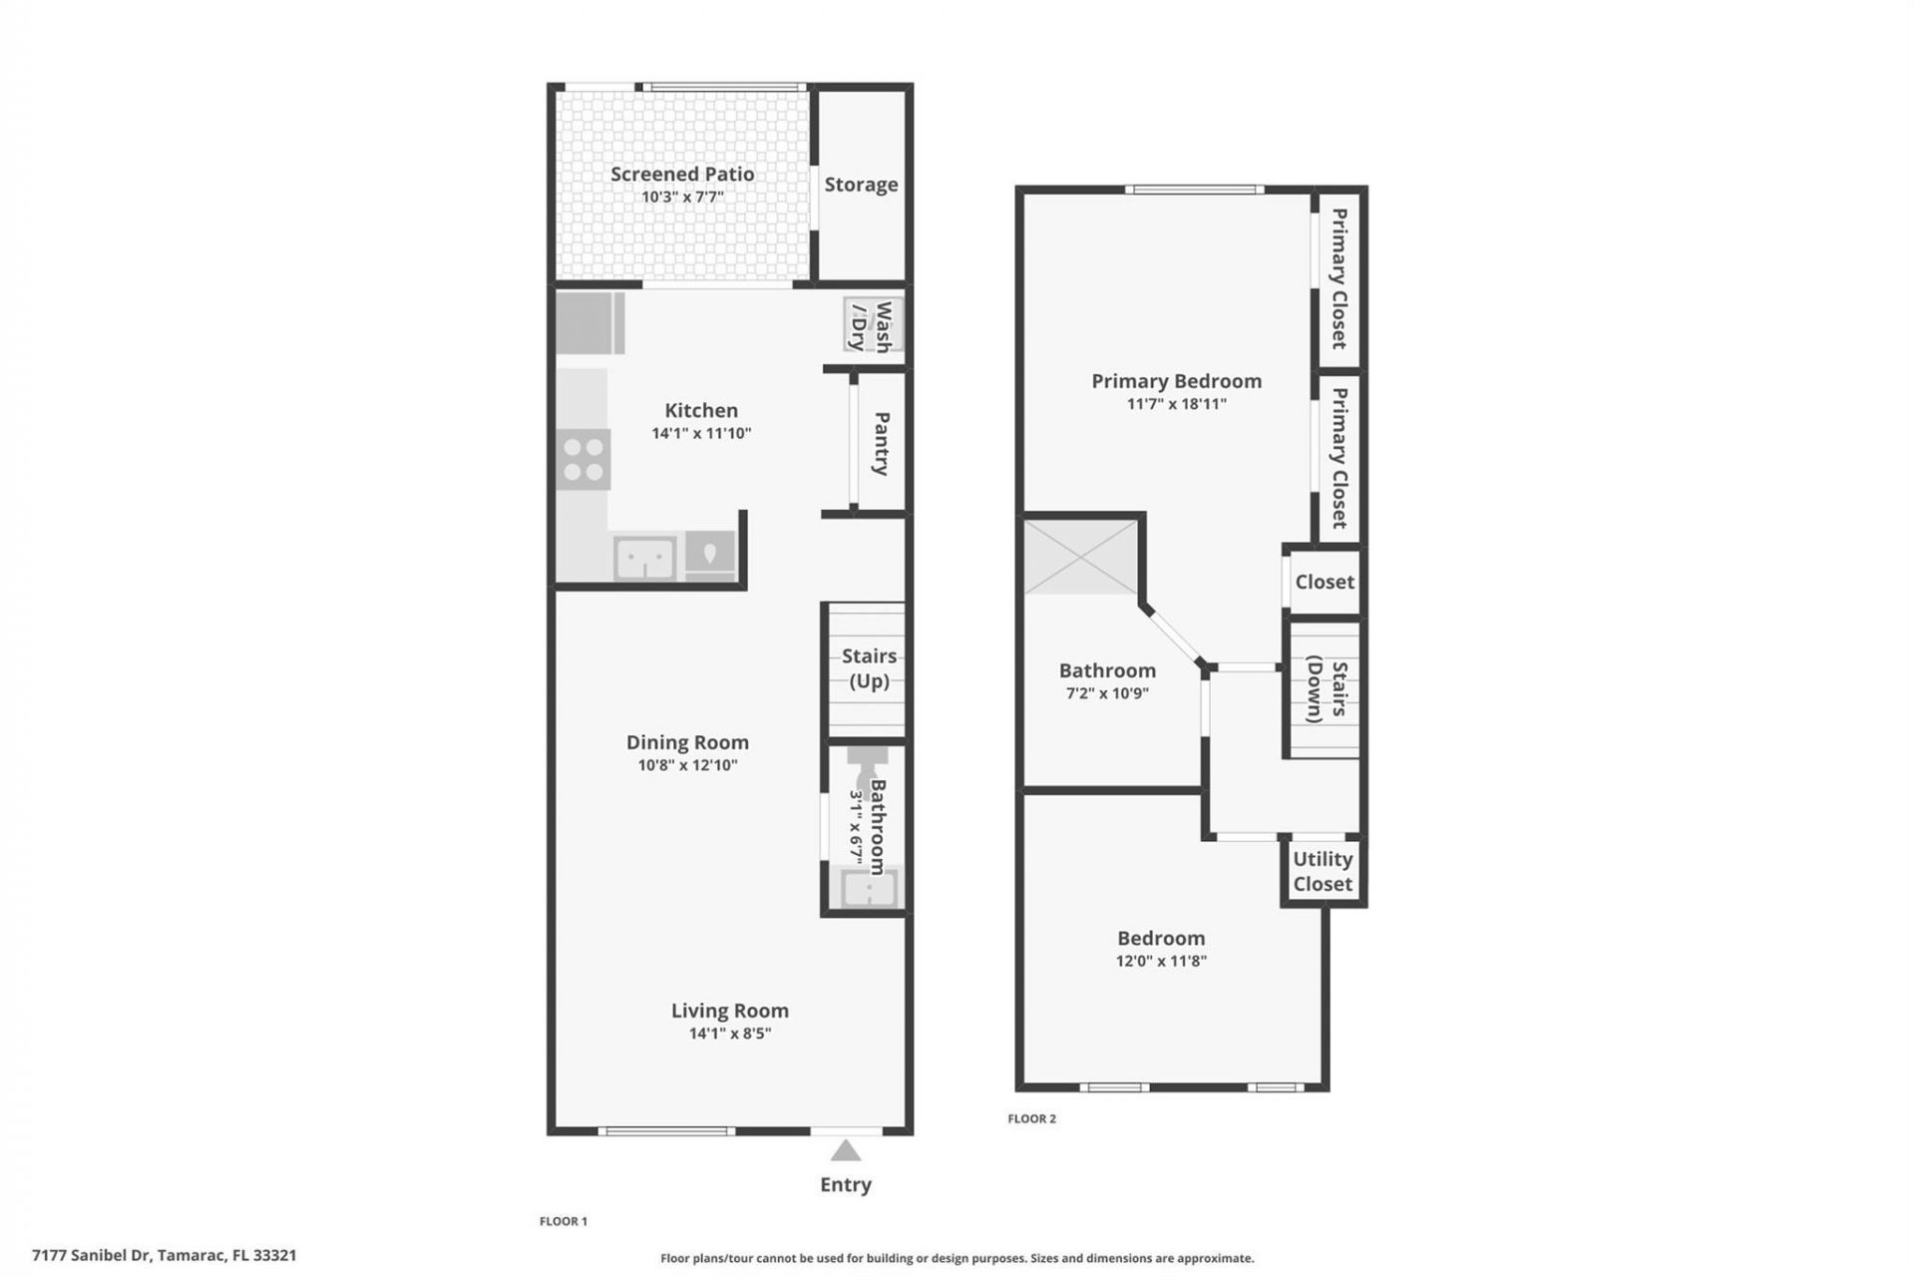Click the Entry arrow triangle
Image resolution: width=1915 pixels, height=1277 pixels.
tap(846, 1151)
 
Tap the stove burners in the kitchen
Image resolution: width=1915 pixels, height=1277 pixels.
tap(583, 459)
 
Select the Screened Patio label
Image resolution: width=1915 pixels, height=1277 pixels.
tap(682, 174)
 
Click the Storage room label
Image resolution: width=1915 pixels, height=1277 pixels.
tap(861, 185)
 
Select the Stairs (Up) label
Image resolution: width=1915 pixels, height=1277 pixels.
tap(869, 668)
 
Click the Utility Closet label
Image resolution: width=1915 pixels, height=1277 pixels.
tap(1323, 871)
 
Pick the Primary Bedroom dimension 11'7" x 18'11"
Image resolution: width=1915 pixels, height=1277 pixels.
tap(1177, 404)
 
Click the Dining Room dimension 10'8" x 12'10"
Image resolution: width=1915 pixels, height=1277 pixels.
tap(687, 765)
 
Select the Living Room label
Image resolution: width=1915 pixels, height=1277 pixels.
tap(729, 1011)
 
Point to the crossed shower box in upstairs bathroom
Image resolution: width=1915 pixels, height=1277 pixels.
tap(1081, 557)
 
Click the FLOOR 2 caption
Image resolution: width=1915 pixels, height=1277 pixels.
tap(1031, 1118)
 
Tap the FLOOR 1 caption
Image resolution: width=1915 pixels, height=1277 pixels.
tap(564, 1221)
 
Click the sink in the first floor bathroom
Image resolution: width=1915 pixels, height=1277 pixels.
tap(868, 888)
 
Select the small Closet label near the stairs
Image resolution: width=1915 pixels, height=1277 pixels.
tap(1325, 582)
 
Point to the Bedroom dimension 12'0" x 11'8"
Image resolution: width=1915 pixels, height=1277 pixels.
tap(1161, 961)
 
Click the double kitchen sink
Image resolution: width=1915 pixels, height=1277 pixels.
tap(644, 558)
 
